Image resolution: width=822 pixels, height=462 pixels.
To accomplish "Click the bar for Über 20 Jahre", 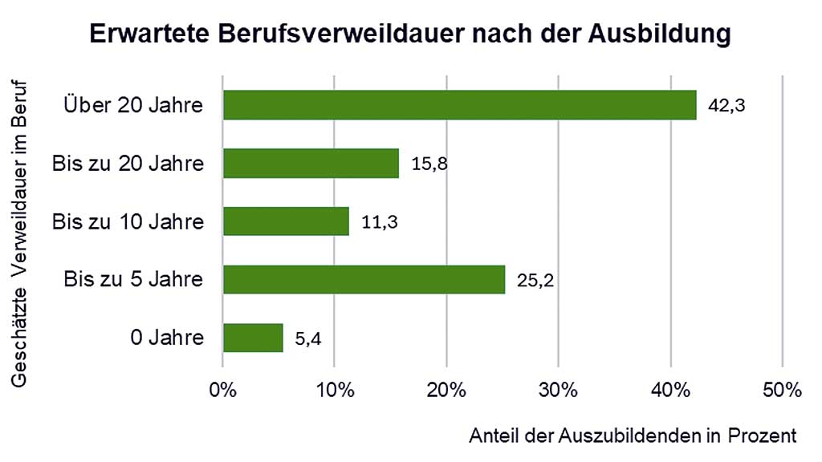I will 459,105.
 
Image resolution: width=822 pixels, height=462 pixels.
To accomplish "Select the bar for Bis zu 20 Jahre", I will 311,164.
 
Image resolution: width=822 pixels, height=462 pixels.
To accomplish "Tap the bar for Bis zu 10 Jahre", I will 286,221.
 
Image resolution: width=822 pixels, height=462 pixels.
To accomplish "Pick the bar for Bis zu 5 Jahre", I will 364,279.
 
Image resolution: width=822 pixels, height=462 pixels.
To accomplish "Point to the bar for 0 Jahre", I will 253,338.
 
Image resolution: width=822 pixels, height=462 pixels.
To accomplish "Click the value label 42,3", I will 727,105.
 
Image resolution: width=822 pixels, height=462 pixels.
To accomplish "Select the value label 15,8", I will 429,164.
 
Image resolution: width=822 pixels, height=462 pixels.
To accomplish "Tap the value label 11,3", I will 380,221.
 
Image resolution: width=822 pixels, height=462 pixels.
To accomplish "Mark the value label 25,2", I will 536,280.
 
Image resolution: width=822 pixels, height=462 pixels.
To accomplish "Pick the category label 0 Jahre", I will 167,338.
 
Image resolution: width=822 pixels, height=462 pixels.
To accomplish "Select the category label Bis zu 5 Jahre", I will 133,280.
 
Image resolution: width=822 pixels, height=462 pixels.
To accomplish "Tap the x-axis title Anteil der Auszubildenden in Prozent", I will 633,436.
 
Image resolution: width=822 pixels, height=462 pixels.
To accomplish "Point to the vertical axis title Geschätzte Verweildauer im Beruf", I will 21,232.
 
